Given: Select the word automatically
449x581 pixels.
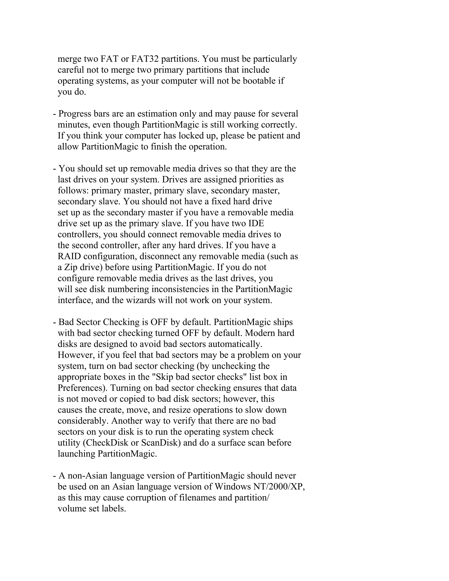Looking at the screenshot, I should [x=235, y=344].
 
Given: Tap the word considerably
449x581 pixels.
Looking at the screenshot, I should [x=83, y=421].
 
